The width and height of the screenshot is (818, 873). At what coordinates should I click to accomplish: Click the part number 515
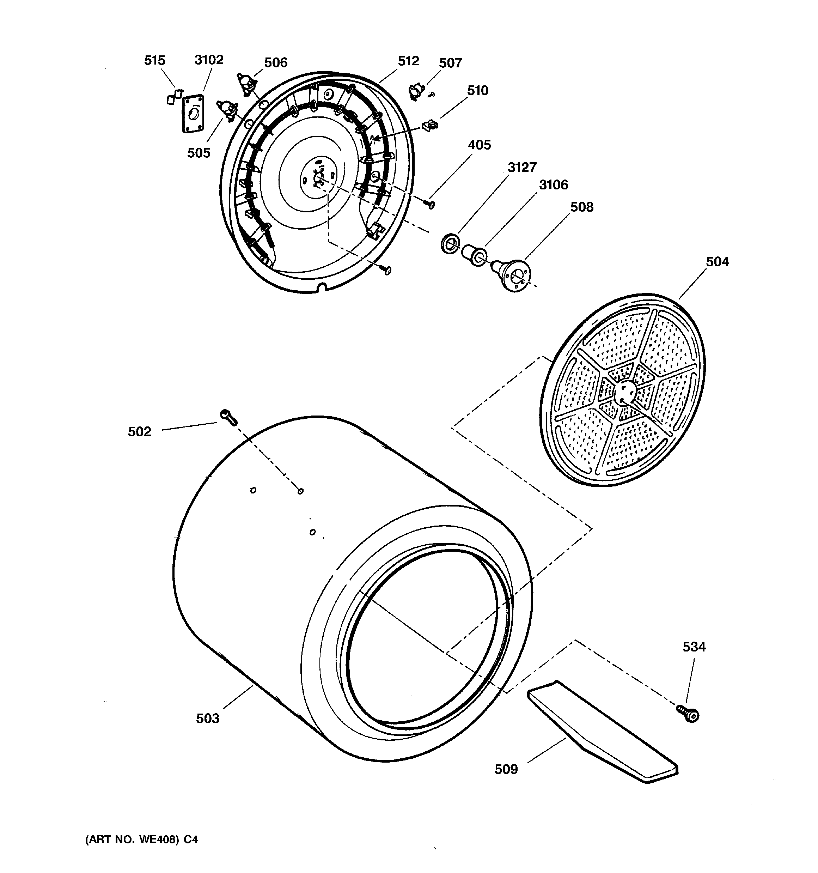(154, 60)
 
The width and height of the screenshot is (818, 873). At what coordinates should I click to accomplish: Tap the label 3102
(209, 60)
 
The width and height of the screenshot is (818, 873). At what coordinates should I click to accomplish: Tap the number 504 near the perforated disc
(717, 262)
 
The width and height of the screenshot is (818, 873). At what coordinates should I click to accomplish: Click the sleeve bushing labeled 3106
(473, 255)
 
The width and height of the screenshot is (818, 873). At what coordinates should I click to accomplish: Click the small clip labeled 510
(430, 126)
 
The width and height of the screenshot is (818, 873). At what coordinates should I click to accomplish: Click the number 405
(479, 145)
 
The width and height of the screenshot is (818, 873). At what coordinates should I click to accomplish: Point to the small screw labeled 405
(430, 204)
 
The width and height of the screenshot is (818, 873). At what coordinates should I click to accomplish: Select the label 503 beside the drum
(207, 719)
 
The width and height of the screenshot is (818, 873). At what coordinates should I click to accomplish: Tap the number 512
(408, 61)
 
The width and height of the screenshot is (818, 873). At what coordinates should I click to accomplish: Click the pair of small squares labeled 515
(174, 97)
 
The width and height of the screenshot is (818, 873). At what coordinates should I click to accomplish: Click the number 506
(275, 63)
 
